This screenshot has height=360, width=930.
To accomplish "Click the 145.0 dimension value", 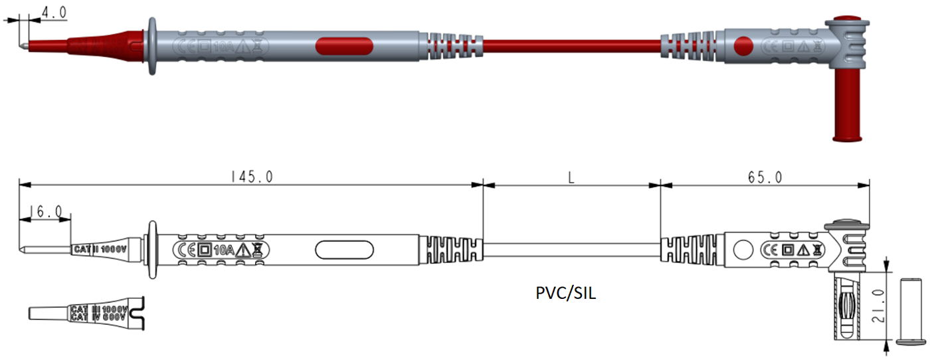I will tap(251, 177).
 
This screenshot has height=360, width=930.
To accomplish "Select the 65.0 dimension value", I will tap(764, 177).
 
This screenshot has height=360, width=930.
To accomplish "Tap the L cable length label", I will tap(571, 177).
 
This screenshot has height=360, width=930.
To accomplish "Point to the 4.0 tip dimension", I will tap(52, 13).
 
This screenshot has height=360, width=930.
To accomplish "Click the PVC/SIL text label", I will tap(566, 293).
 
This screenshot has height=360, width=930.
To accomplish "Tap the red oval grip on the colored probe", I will tap(343, 46).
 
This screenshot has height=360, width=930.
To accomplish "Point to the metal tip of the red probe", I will tap(24, 46).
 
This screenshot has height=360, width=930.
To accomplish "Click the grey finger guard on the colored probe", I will tap(152, 46).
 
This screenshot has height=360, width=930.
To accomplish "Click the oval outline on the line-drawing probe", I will tap(343, 250).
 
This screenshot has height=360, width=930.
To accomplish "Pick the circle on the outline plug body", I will tap(742, 250).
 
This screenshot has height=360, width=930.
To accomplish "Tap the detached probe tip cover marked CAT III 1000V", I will tap(86, 312).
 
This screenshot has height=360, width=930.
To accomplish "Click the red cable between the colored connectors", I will tap(571, 46).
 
